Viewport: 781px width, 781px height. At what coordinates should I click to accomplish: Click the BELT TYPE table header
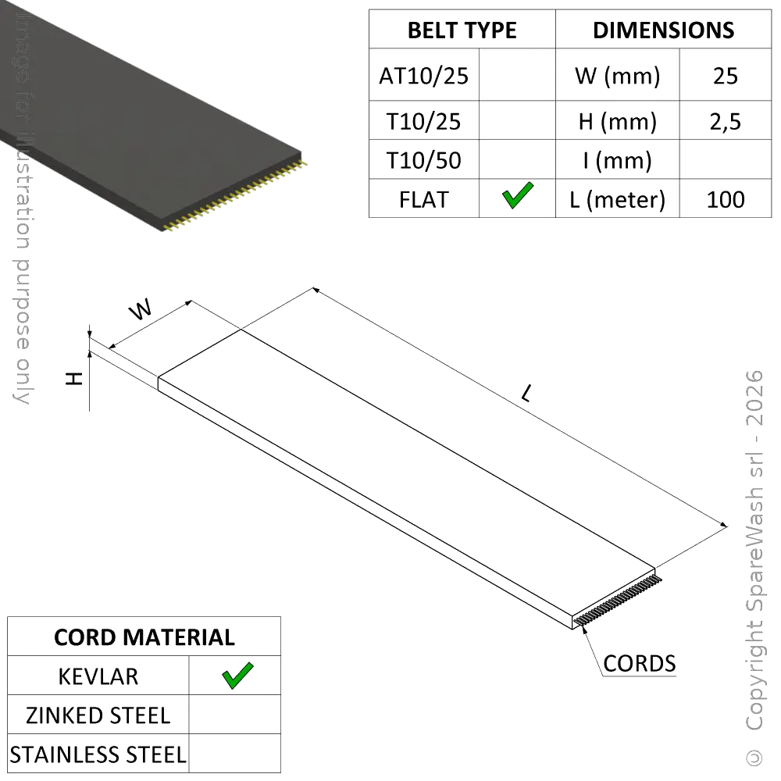pos(462,30)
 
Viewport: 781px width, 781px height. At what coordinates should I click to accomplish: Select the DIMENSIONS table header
pos(663,30)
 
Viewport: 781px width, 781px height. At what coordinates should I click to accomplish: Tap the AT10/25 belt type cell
pos(424,77)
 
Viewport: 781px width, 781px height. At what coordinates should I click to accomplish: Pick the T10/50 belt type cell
pos(424,160)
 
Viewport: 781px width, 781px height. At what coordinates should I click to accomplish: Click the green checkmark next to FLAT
pos(518,195)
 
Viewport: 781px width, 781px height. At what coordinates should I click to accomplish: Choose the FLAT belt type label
pos(424,200)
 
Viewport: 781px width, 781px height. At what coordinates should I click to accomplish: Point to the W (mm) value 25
pos(726,77)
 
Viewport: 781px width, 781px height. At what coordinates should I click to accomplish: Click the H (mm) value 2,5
pos(726,122)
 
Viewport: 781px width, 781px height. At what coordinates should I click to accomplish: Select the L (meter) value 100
pos(726,200)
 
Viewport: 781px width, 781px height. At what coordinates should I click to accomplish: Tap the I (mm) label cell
pos(618,160)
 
